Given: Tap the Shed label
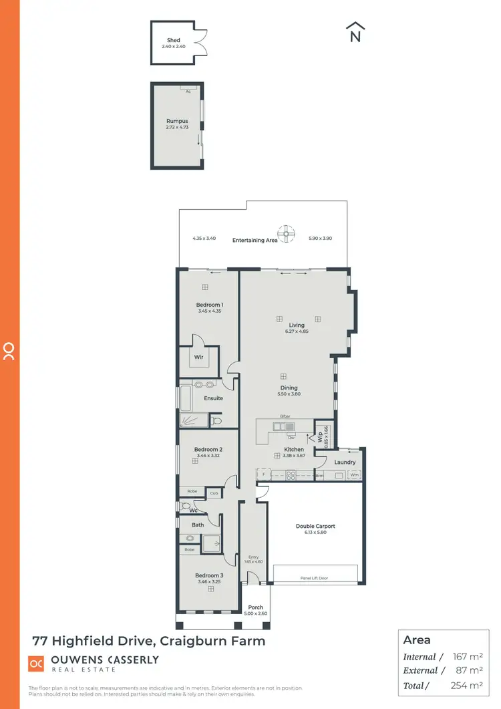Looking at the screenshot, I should [x=174, y=41].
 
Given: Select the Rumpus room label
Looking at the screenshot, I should [x=177, y=122].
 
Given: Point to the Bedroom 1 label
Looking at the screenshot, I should [x=209, y=305].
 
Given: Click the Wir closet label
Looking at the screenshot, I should [x=198, y=358].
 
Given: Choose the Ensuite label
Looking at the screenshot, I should [x=214, y=398].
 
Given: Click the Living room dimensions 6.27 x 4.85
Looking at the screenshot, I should [x=297, y=331].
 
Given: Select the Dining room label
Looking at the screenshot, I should [x=289, y=388].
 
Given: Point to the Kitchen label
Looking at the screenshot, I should [x=294, y=450].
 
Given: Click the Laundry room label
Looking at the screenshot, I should [x=345, y=462].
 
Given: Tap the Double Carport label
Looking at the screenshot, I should [x=315, y=527].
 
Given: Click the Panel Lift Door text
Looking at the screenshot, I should [x=315, y=578].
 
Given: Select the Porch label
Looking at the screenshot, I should [x=255, y=607].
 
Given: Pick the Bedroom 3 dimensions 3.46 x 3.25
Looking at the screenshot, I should [x=209, y=582].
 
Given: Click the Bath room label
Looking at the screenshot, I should [x=198, y=525].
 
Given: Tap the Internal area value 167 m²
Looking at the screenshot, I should [x=467, y=657].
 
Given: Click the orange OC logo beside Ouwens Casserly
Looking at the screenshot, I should [x=36, y=663].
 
